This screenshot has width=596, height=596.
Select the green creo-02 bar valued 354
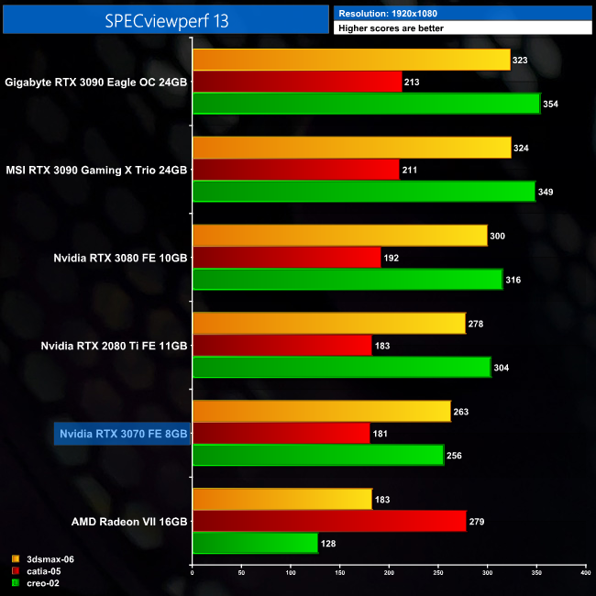pos(366,104)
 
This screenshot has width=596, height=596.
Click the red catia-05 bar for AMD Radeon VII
pos(329,521)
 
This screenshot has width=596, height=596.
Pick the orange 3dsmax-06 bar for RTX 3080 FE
pos(339,236)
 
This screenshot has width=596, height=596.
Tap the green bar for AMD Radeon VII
pos(255,543)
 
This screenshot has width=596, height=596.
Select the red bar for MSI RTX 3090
pos(295,170)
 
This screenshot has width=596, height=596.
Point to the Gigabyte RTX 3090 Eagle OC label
pos(96,82)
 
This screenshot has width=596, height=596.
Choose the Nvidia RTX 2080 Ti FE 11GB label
pos(115,346)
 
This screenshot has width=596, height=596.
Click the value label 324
pos(522,148)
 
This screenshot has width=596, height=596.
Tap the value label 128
pos(329,544)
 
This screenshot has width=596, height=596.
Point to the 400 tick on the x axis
pos(585,572)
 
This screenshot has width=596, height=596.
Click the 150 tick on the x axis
pos(339,572)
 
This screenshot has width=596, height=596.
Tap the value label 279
pos(478,522)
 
